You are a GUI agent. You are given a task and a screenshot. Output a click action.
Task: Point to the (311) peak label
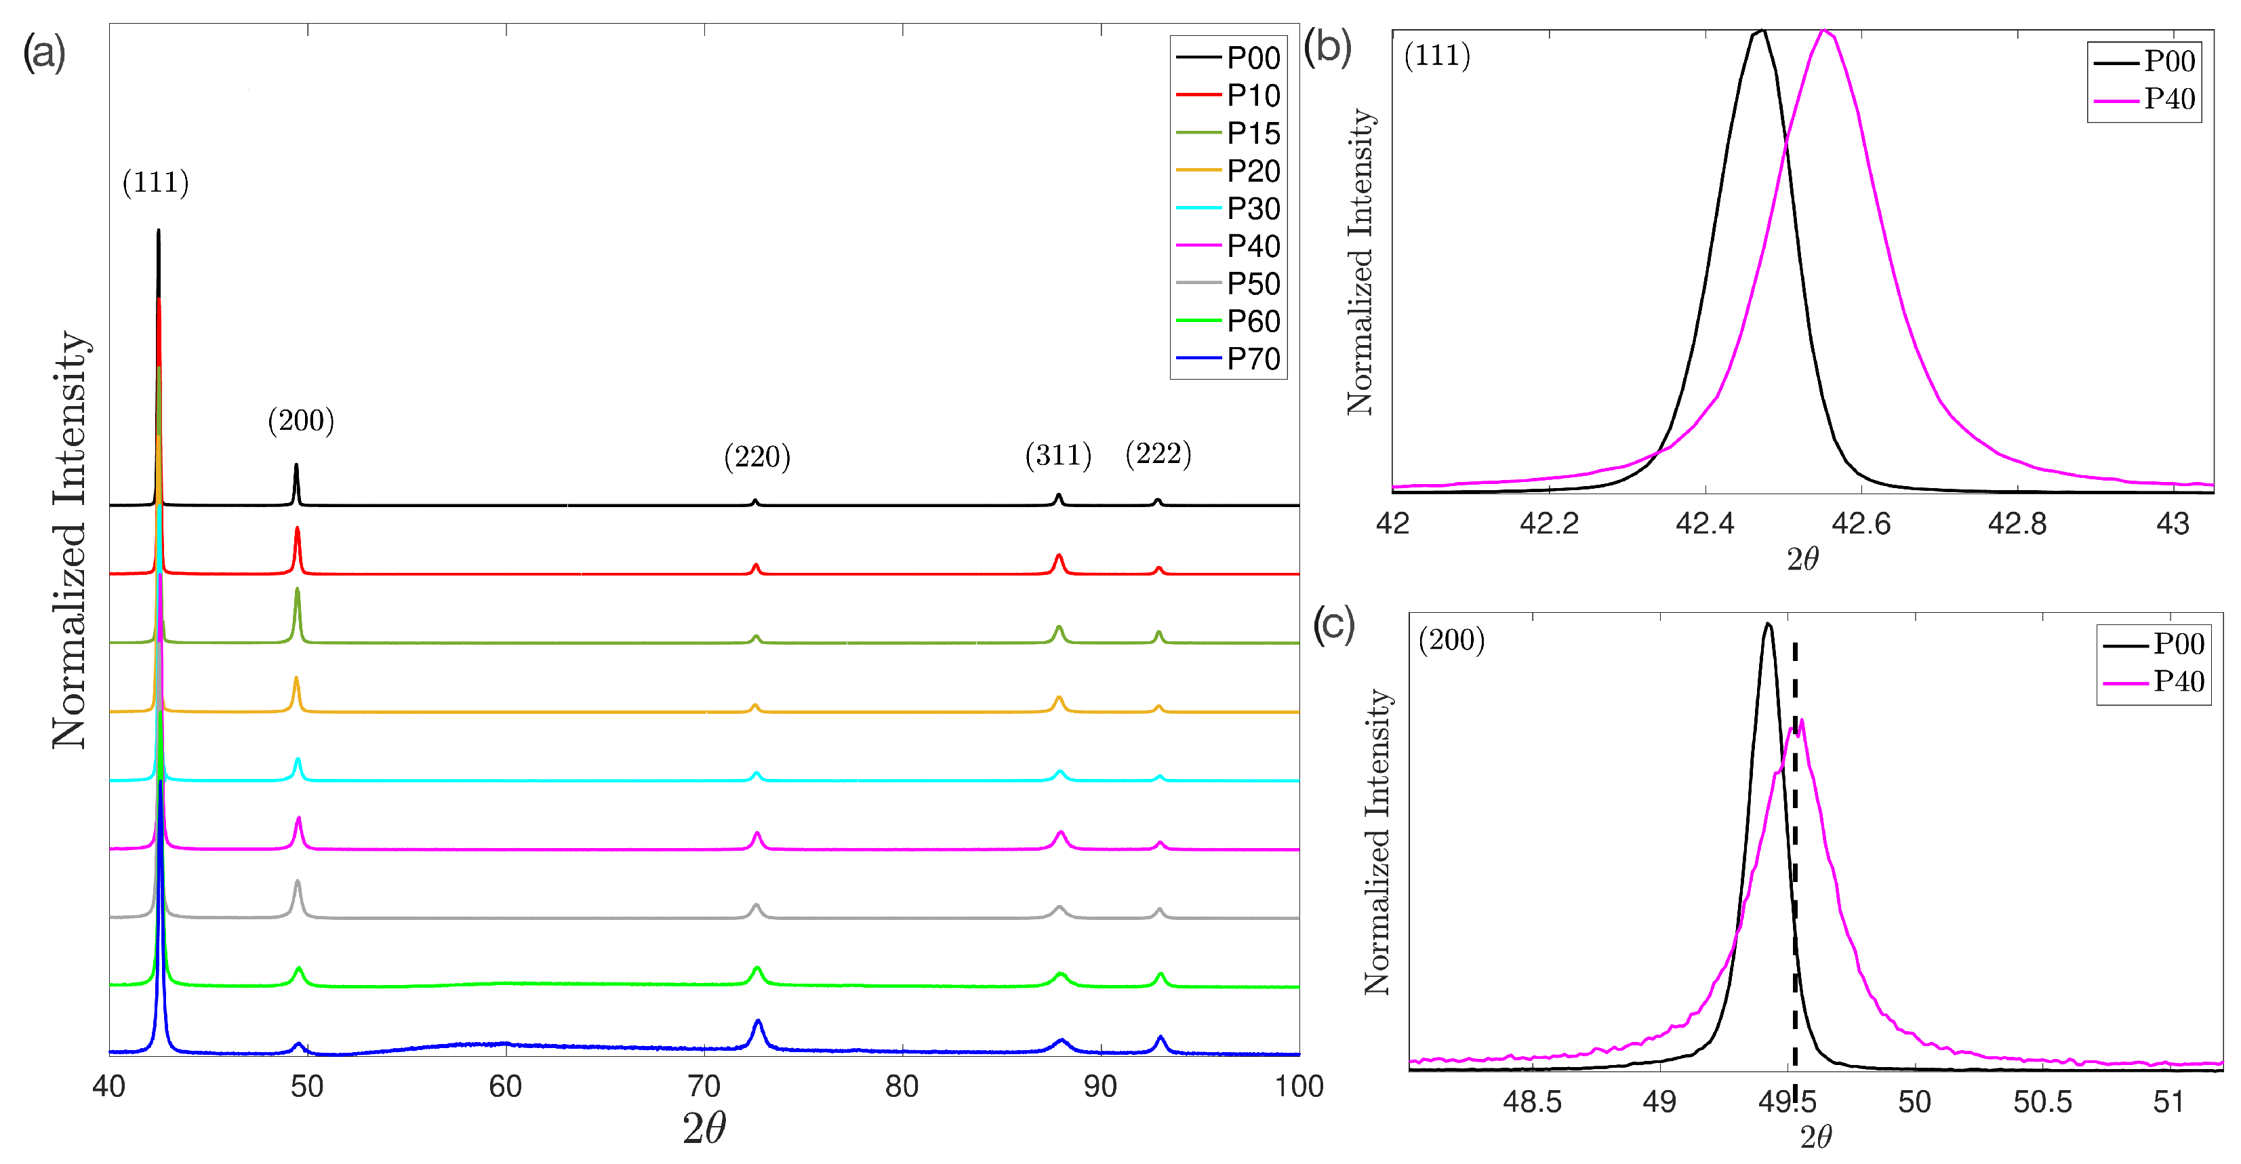point(1058,454)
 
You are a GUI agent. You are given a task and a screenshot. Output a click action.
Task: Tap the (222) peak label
point(1158,454)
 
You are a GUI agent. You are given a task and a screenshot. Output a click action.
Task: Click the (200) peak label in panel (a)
point(300,420)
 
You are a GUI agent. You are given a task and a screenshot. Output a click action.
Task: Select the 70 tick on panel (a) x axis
point(704,1087)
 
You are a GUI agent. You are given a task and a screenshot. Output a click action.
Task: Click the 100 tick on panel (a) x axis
point(1299,1087)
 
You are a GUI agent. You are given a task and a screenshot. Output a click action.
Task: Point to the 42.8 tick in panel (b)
point(2017,524)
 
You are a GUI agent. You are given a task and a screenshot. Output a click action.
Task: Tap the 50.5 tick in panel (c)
point(2042,1102)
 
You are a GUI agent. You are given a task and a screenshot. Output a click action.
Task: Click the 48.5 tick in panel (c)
point(1532,1102)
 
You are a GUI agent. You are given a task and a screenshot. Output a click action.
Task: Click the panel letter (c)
point(1333,624)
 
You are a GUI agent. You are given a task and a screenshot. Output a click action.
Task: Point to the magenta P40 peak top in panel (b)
point(1824,32)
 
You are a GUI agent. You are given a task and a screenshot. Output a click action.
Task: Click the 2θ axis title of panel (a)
point(704,1128)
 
